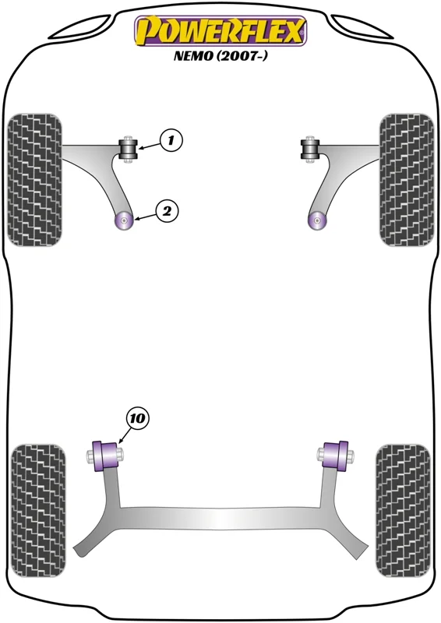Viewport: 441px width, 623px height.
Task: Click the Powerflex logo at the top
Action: (x=220, y=31)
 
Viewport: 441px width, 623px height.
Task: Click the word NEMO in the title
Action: (x=193, y=56)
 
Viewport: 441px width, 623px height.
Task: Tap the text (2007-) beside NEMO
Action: (x=242, y=56)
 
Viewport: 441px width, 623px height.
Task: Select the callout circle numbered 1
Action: (x=171, y=140)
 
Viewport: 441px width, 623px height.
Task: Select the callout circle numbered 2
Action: (x=167, y=211)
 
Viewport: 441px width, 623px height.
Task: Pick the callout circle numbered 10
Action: (x=138, y=418)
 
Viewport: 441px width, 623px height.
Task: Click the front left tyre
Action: (x=35, y=180)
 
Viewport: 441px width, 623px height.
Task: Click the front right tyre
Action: (x=407, y=180)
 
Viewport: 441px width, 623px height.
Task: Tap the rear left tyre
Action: (x=38, y=511)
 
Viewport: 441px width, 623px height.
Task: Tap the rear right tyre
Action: (x=403, y=511)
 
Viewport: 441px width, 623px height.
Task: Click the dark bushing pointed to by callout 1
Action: (x=129, y=149)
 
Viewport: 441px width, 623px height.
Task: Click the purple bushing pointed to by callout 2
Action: (x=124, y=220)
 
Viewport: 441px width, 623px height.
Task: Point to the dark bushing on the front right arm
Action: (x=310, y=149)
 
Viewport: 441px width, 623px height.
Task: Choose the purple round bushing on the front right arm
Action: (x=317, y=220)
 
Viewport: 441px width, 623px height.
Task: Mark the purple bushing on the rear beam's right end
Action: (x=336, y=456)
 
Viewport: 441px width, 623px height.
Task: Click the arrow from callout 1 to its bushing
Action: (x=150, y=146)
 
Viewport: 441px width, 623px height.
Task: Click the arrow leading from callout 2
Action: (x=146, y=216)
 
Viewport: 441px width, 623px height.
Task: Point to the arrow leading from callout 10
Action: (x=125, y=436)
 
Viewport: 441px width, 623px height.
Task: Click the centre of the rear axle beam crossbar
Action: (x=220, y=519)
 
